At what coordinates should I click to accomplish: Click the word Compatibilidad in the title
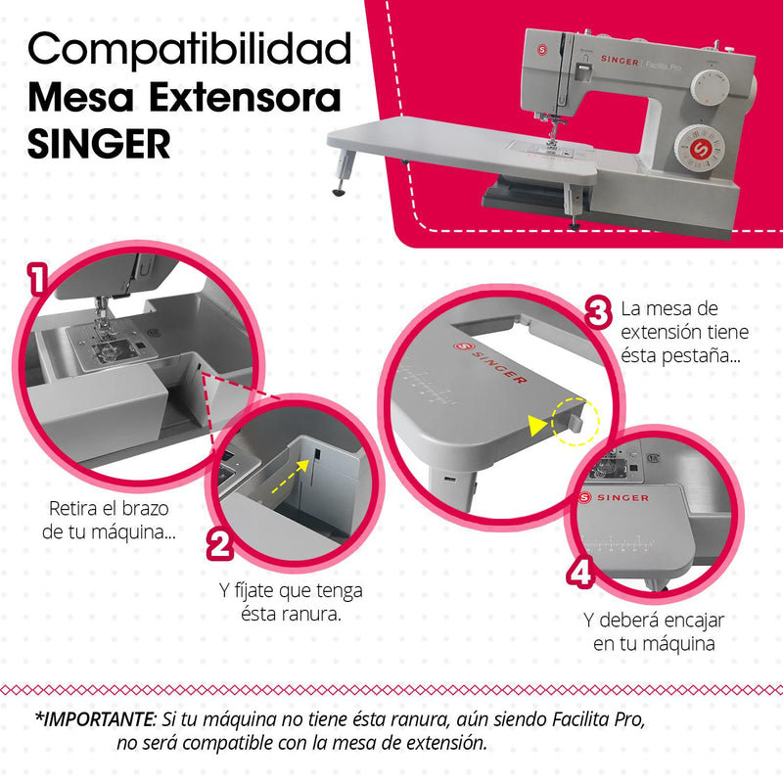tap(190, 48)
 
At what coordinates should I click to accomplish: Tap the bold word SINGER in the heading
tap(99, 144)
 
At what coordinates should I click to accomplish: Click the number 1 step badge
tap(38, 280)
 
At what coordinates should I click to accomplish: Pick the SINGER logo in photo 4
tap(616, 498)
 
